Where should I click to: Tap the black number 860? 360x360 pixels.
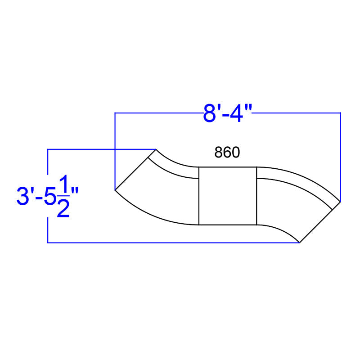point(227,153)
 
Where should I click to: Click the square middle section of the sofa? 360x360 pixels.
point(228,195)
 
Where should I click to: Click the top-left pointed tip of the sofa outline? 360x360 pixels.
point(156,149)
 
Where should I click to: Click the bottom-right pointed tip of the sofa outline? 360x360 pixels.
point(300,243)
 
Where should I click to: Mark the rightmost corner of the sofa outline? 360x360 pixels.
point(340,201)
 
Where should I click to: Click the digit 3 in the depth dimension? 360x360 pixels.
point(22,197)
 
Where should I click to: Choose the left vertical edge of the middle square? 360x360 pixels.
point(199,195)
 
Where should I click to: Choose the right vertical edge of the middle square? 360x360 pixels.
point(256,195)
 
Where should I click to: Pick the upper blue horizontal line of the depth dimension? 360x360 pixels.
point(99,149)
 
